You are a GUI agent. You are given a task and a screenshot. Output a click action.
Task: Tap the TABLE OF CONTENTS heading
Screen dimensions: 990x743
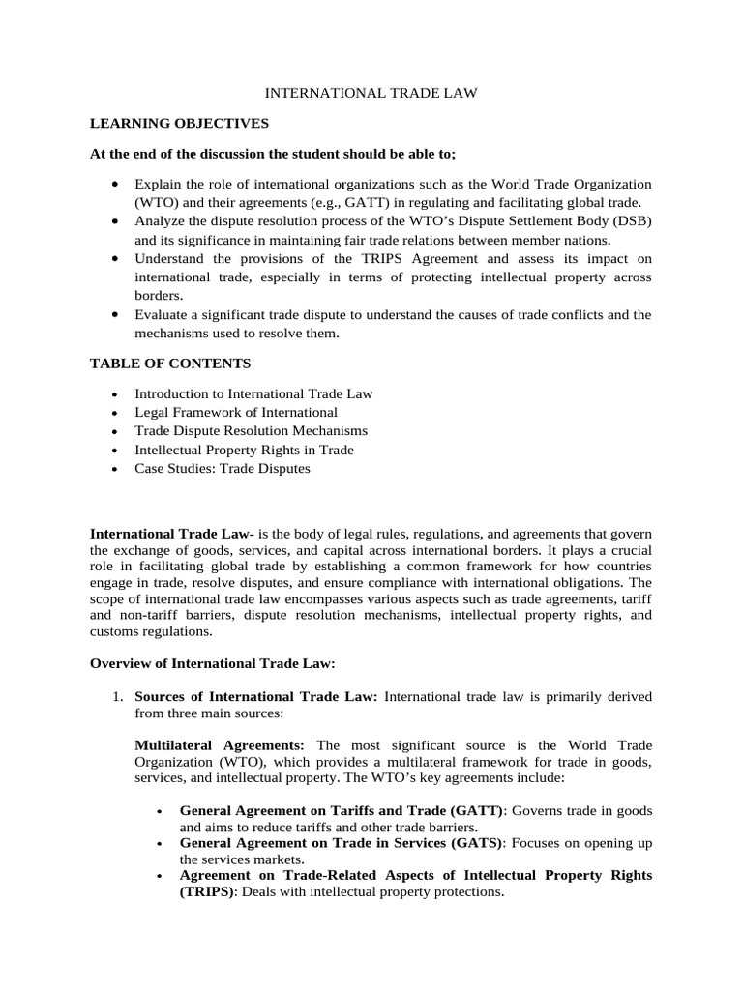coord(170,364)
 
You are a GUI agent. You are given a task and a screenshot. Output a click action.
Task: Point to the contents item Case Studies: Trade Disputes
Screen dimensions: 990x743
coord(223,469)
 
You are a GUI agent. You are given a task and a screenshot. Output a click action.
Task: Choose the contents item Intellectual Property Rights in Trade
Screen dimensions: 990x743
coord(244,450)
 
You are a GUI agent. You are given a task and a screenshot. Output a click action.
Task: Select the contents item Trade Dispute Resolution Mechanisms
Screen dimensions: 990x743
coord(251,431)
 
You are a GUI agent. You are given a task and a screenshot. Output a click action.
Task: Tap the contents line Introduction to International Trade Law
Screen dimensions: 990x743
coord(253,393)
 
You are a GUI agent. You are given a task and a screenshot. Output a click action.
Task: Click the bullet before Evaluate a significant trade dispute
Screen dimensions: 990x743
coord(116,314)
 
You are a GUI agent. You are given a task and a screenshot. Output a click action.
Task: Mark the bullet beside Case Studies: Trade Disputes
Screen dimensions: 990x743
coord(116,470)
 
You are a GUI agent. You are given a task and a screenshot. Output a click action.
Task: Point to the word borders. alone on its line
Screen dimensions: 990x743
coord(159,296)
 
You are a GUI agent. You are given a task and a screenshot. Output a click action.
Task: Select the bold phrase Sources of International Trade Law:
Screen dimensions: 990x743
coord(256,697)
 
